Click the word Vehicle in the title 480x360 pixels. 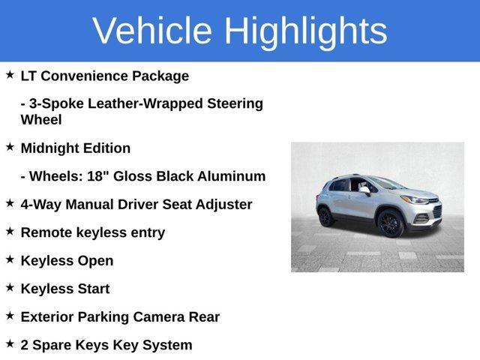coord(152,31)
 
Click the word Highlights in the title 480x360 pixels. coord(306,31)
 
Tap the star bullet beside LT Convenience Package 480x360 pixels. coord(10,75)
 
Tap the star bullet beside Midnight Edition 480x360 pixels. coord(10,147)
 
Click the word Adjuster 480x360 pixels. coord(223,204)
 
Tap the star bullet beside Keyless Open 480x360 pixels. coord(10,259)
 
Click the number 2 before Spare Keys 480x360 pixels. coord(25,345)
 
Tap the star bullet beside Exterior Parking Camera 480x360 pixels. coord(10,316)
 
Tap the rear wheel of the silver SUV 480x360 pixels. coord(325,217)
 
